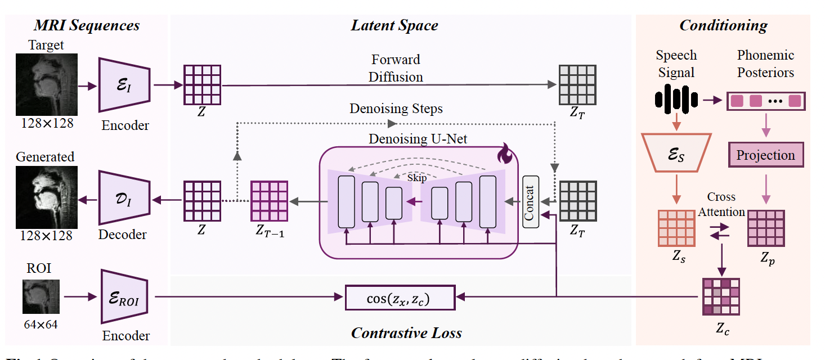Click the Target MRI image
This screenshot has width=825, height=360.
click(x=46, y=85)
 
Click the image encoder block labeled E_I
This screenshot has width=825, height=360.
click(x=124, y=85)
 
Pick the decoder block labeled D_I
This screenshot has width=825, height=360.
click(x=124, y=198)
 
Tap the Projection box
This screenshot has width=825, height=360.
click(x=765, y=155)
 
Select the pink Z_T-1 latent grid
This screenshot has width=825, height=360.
click(x=269, y=199)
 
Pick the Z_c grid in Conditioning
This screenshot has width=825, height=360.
click(x=721, y=296)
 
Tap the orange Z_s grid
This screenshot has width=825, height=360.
click(x=676, y=228)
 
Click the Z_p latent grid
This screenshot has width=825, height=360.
click(x=765, y=228)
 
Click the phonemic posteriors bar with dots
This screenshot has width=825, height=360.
click(x=765, y=101)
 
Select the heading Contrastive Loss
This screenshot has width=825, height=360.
click(x=406, y=333)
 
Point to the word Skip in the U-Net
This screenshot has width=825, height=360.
click(x=417, y=178)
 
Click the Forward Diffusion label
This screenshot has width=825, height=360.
click(x=396, y=68)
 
